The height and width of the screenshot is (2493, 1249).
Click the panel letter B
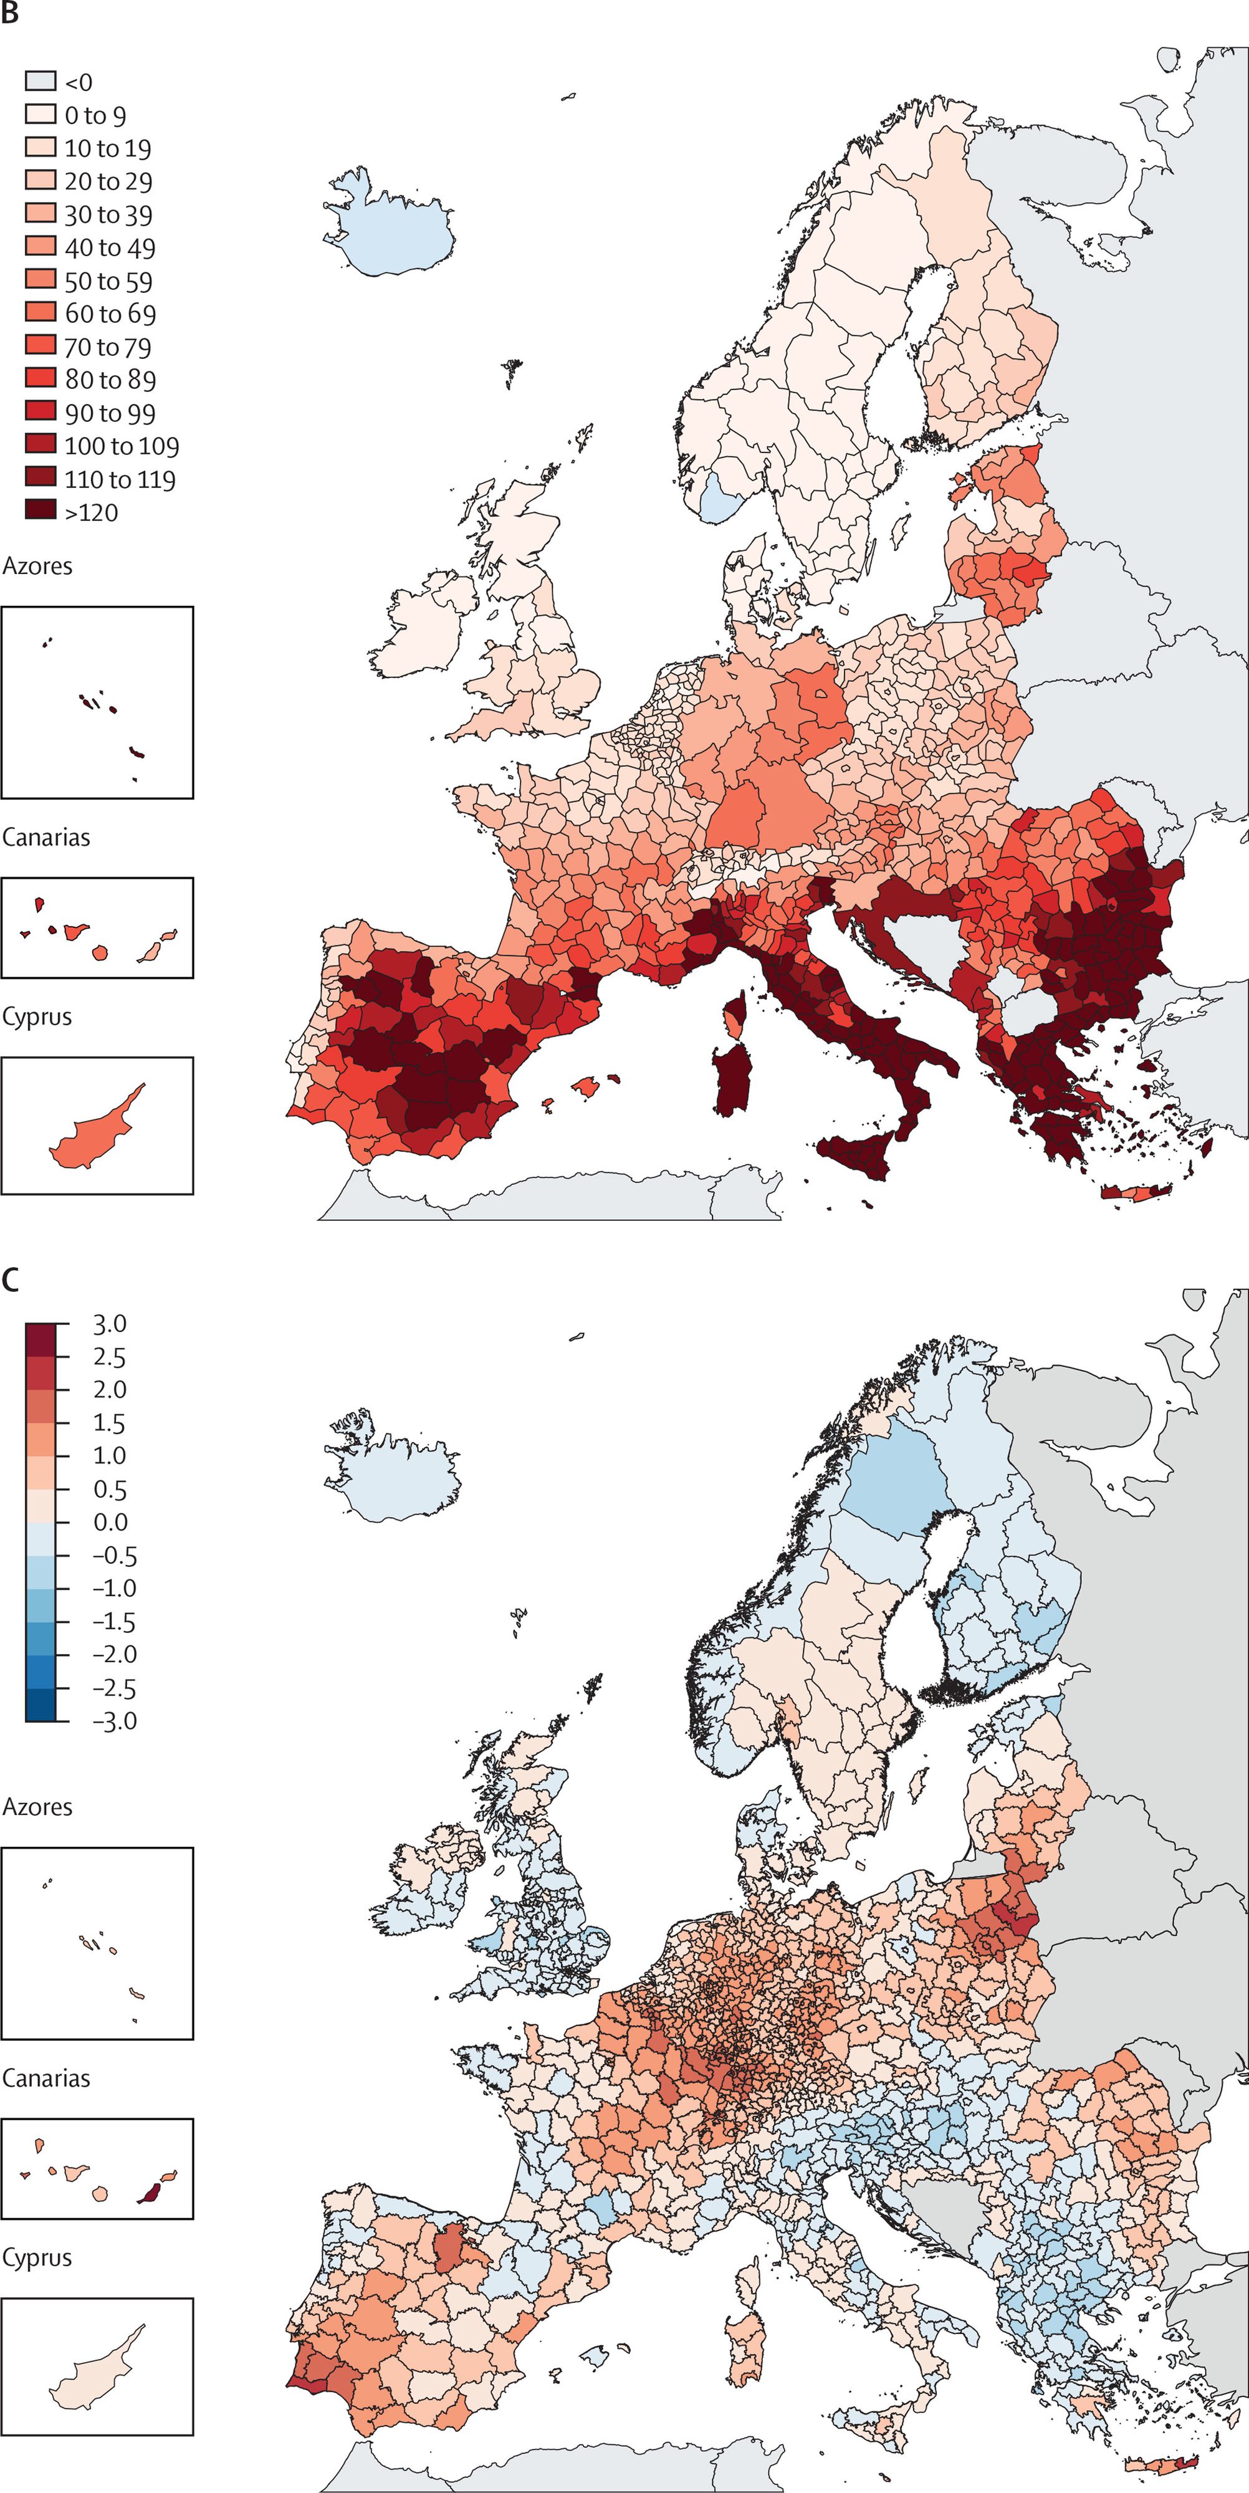10,14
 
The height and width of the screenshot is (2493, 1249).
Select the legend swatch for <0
41,80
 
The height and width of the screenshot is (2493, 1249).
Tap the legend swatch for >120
41,510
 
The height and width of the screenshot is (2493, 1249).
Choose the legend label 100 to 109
121,446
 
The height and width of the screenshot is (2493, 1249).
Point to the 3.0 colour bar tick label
109,1324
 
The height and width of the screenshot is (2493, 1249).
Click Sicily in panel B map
856,1154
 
